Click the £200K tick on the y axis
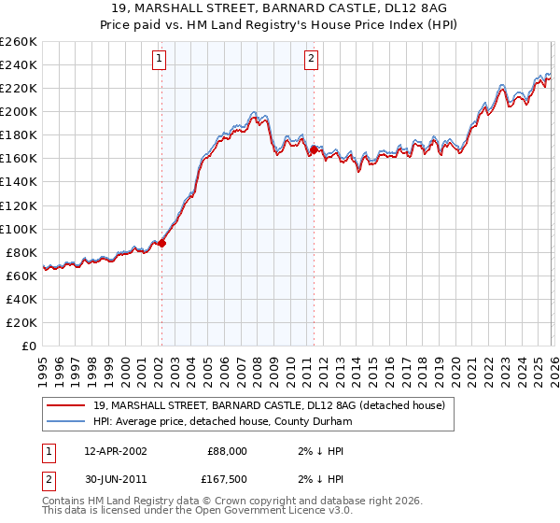[19, 111]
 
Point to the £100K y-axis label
[19, 229]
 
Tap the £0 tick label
[28, 346]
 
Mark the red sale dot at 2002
[162, 243]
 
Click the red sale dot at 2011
[314, 149]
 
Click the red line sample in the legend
[66, 405]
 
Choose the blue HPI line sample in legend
[66, 421]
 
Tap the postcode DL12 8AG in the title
[415, 7]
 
